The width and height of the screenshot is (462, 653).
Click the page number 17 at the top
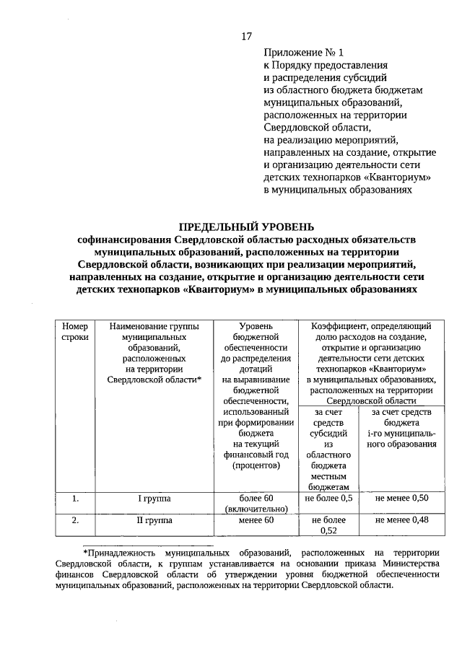(246, 37)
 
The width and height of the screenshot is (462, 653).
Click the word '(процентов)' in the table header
(256, 466)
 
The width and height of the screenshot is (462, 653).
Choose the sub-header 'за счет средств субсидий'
(328, 427)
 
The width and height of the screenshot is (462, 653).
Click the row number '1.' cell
(74, 499)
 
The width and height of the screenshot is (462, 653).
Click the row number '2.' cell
(74, 520)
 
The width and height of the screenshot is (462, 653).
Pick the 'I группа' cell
(154, 499)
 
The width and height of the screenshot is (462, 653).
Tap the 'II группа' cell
(154, 520)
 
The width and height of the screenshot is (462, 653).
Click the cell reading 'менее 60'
(256, 520)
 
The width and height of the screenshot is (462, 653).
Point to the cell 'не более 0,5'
(328, 499)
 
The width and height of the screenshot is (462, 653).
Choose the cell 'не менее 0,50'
(401, 499)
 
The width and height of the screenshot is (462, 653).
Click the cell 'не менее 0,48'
(401, 520)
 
